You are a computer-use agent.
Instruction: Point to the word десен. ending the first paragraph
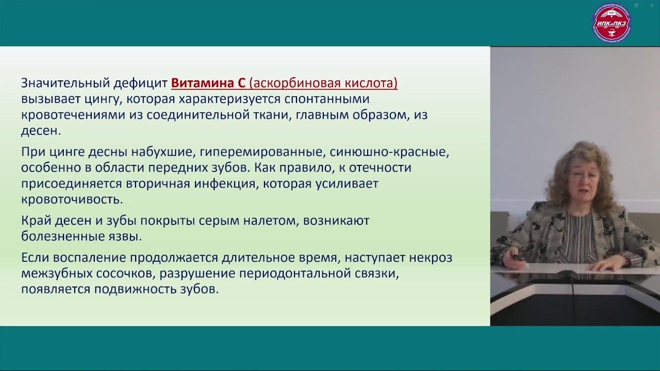tap(41, 131)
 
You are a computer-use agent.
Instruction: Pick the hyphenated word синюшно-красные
tap(389, 152)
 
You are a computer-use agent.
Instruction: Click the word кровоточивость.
tap(72, 200)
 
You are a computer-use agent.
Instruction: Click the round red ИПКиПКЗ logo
tap(612, 23)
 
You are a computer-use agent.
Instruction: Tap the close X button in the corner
tap(652, 6)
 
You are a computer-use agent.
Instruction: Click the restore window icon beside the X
tap(636, 6)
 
